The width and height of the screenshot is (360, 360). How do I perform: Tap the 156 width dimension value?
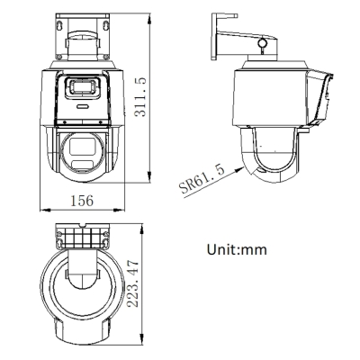click(83, 201)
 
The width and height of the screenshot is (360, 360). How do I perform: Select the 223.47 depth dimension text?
click(134, 282)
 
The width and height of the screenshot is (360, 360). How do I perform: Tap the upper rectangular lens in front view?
click(84, 87)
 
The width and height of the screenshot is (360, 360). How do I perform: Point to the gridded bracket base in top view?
click(82, 238)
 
